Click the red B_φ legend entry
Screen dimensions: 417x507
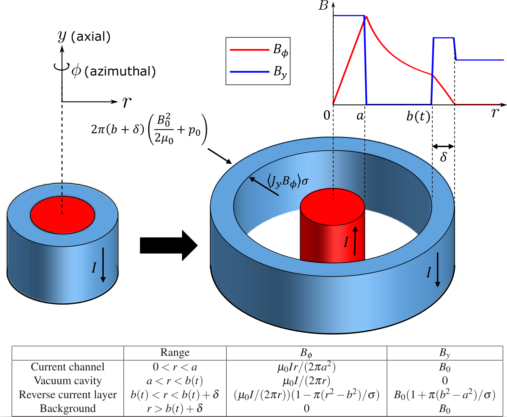click(258, 50)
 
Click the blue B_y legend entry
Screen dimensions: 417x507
click(258, 72)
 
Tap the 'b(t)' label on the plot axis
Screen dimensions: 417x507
click(418, 116)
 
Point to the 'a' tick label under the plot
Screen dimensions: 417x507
click(360, 115)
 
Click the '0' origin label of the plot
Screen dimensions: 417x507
click(327, 115)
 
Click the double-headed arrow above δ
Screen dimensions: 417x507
click(443, 146)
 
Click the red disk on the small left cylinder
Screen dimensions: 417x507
click(62, 215)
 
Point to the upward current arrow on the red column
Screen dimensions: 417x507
click(355, 241)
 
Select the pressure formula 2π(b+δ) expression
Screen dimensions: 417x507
click(149, 130)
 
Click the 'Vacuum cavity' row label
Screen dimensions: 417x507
click(68, 381)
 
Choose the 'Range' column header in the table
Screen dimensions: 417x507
click(175, 353)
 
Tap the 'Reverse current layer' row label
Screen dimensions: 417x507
click(68, 395)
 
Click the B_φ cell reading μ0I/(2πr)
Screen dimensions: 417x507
click(306, 381)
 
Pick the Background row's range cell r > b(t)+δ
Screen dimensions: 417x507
click(175, 409)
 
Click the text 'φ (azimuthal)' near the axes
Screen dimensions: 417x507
click(113, 71)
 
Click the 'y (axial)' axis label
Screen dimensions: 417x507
click(84, 36)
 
